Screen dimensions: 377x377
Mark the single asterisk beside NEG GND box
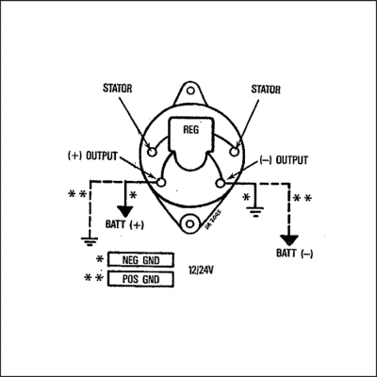99,259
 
